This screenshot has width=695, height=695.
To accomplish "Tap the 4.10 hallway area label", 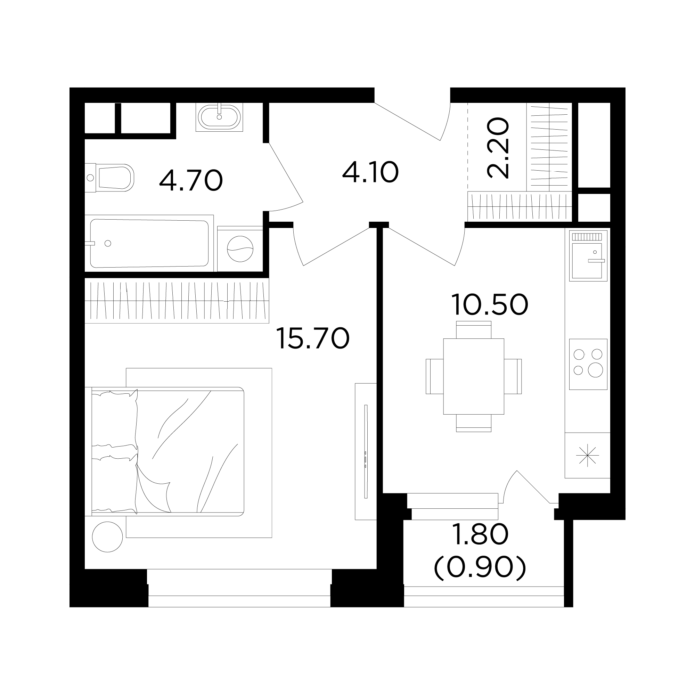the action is point(370,172).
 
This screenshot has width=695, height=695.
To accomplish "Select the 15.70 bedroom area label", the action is point(313,338).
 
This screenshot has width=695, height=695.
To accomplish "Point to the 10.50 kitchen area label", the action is point(490,304).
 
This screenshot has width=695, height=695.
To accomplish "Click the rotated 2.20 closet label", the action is point(498,148).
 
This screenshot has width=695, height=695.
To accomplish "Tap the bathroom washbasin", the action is point(219,117).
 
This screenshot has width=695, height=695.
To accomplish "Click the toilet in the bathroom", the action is point(110,178).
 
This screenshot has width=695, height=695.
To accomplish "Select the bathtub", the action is point(149,244).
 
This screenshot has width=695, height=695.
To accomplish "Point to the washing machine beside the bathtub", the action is point(240,248).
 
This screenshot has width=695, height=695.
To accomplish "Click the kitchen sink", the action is point(588,256).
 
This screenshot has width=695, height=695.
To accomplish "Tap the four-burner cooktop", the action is point(588,364).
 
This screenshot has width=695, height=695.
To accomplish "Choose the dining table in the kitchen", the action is point(473,376).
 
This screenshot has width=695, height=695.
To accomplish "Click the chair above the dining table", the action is point(473,329).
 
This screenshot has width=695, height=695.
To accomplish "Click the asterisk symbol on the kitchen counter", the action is point(587,456).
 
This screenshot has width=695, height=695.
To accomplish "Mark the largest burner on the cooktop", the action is point(595,370).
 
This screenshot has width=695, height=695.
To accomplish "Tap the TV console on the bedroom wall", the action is point(366,451).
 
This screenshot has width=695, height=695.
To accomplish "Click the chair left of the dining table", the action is point(435,376).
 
